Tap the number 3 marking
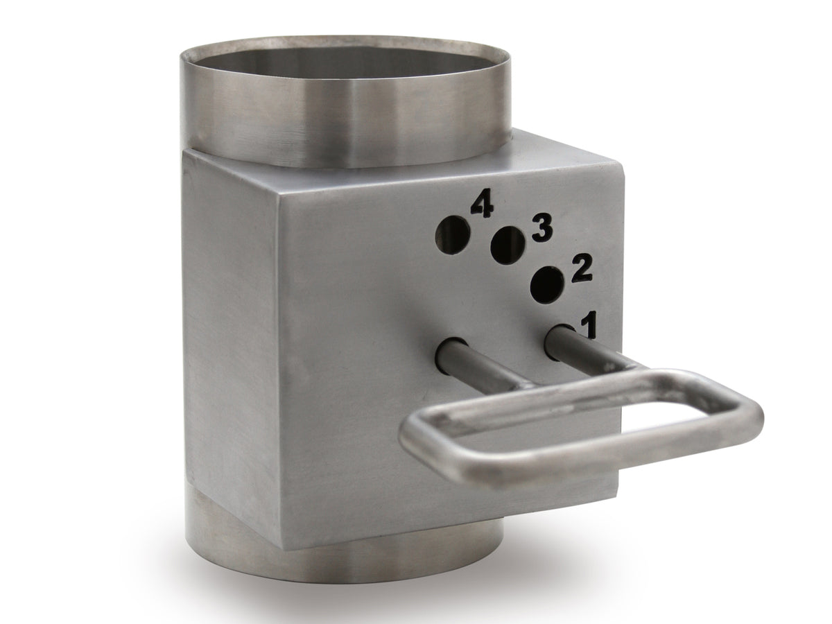(x=543, y=229)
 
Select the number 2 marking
(x=581, y=270)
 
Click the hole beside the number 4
(x=452, y=235)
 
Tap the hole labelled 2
(x=547, y=285)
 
